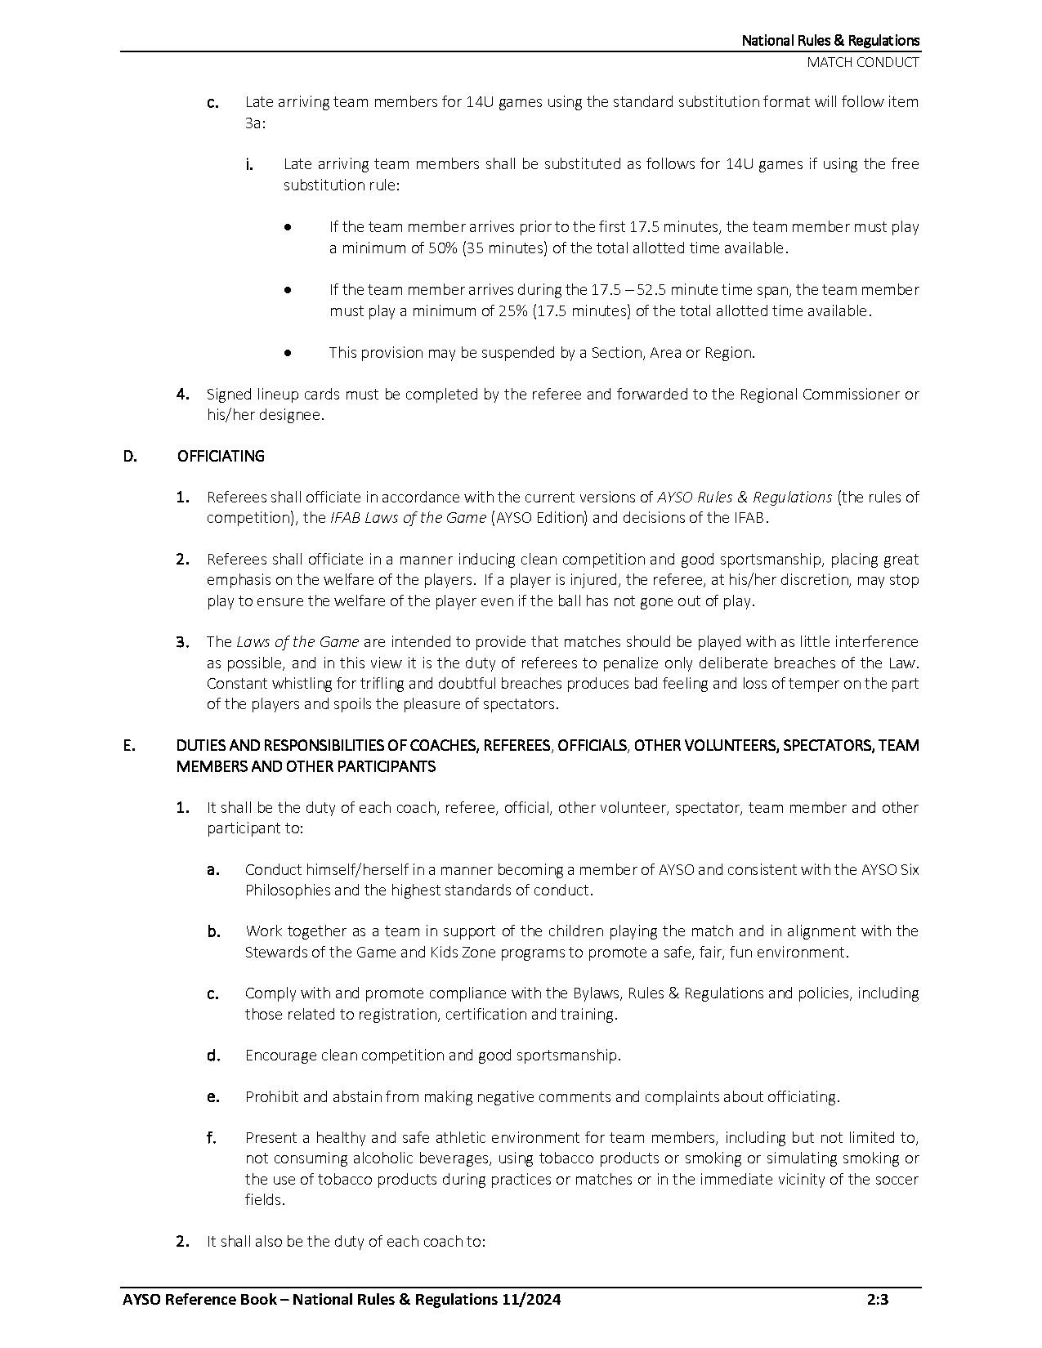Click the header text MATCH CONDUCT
point(862,62)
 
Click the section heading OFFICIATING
point(221,456)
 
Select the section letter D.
point(130,456)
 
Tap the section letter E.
point(129,745)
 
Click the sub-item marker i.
point(248,165)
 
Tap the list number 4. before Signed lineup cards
point(183,395)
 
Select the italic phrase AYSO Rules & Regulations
point(745,497)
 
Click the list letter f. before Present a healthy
point(212,1138)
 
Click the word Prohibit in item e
point(271,1097)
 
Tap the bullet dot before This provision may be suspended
point(288,353)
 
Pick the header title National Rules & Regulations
point(830,40)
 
